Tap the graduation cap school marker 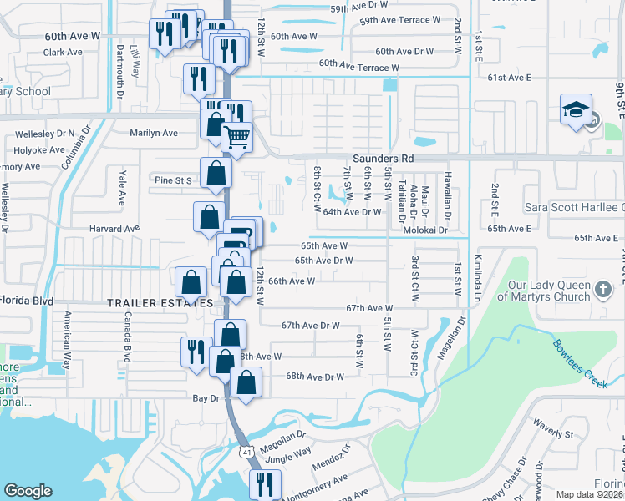(575, 111)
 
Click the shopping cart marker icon (237, 134)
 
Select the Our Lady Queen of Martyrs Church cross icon (603, 290)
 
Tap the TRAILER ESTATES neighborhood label (160, 303)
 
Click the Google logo (28, 491)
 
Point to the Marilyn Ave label (154, 133)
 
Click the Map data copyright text (590, 494)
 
